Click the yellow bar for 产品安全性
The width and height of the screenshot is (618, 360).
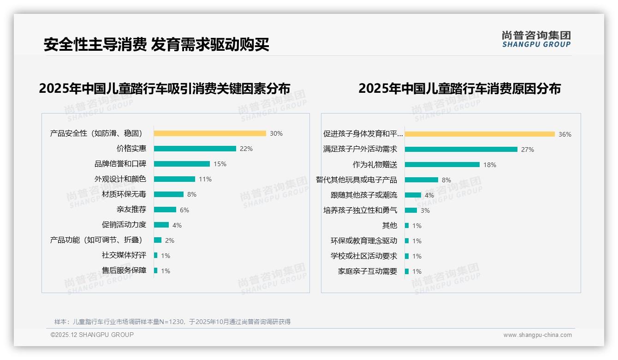tap(210, 133)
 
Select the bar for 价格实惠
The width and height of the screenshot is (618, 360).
tap(195, 149)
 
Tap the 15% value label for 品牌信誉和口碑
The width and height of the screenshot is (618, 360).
tap(220, 164)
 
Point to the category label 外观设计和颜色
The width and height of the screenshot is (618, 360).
tap(120, 179)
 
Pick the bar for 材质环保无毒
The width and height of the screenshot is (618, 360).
tap(169, 194)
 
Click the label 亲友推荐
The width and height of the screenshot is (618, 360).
tap(131, 210)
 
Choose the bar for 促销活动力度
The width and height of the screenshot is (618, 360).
tap(161, 225)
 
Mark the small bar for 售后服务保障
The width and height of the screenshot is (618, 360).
tap(156, 270)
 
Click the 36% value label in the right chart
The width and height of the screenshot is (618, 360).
tap(565, 134)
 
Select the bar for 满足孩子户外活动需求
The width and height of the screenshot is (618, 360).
tap(461, 149)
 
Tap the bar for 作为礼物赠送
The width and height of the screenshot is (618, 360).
tap(442, 164)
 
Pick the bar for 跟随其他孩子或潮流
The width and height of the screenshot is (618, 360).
tap(413, 195)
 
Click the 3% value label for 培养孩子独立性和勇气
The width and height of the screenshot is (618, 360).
tap(425, 210)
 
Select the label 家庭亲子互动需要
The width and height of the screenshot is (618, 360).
tap(368, 271)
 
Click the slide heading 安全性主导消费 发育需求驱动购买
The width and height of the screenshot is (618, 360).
tap(156, 44)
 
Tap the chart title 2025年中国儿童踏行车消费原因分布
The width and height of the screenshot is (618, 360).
tap(459, 88)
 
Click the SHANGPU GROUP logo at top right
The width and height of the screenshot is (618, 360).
tap(536, 39)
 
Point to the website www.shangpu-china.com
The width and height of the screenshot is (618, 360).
tap(537, 335)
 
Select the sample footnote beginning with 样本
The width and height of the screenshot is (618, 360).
tap(172, 322)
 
